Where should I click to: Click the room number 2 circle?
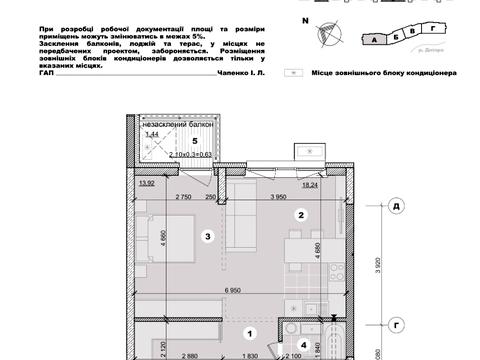(299, 214)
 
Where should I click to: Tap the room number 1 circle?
(252, 333)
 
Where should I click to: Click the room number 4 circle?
(304, 345)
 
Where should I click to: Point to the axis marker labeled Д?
(397, 207)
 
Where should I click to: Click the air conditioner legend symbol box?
(291, 73)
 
